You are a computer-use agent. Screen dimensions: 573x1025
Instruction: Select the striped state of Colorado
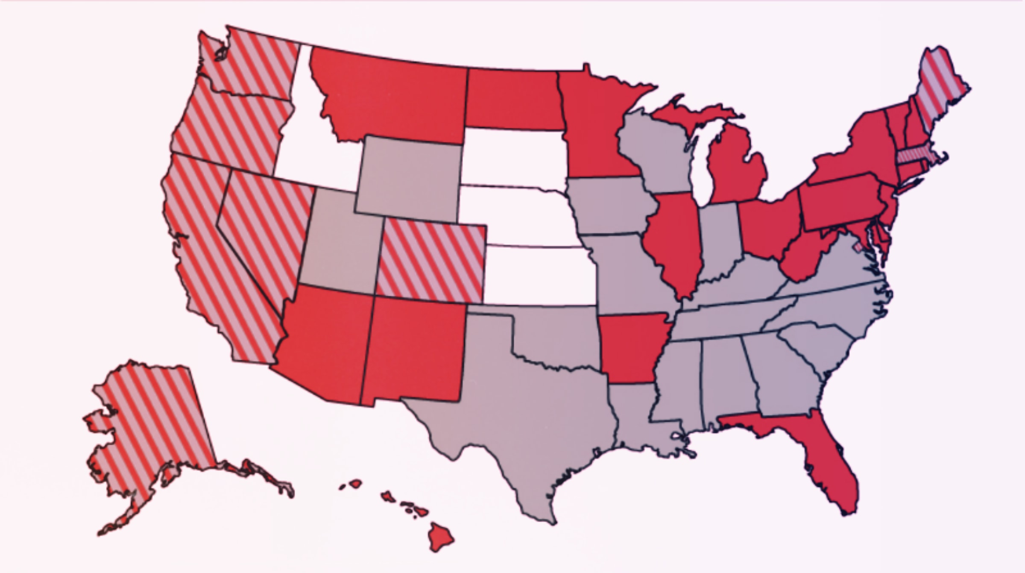pos(431,261)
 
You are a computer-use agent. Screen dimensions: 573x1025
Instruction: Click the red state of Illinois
pos(675,239)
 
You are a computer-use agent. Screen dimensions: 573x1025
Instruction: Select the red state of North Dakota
pos(512,100)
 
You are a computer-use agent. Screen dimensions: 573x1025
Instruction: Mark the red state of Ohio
pos(769,226)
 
